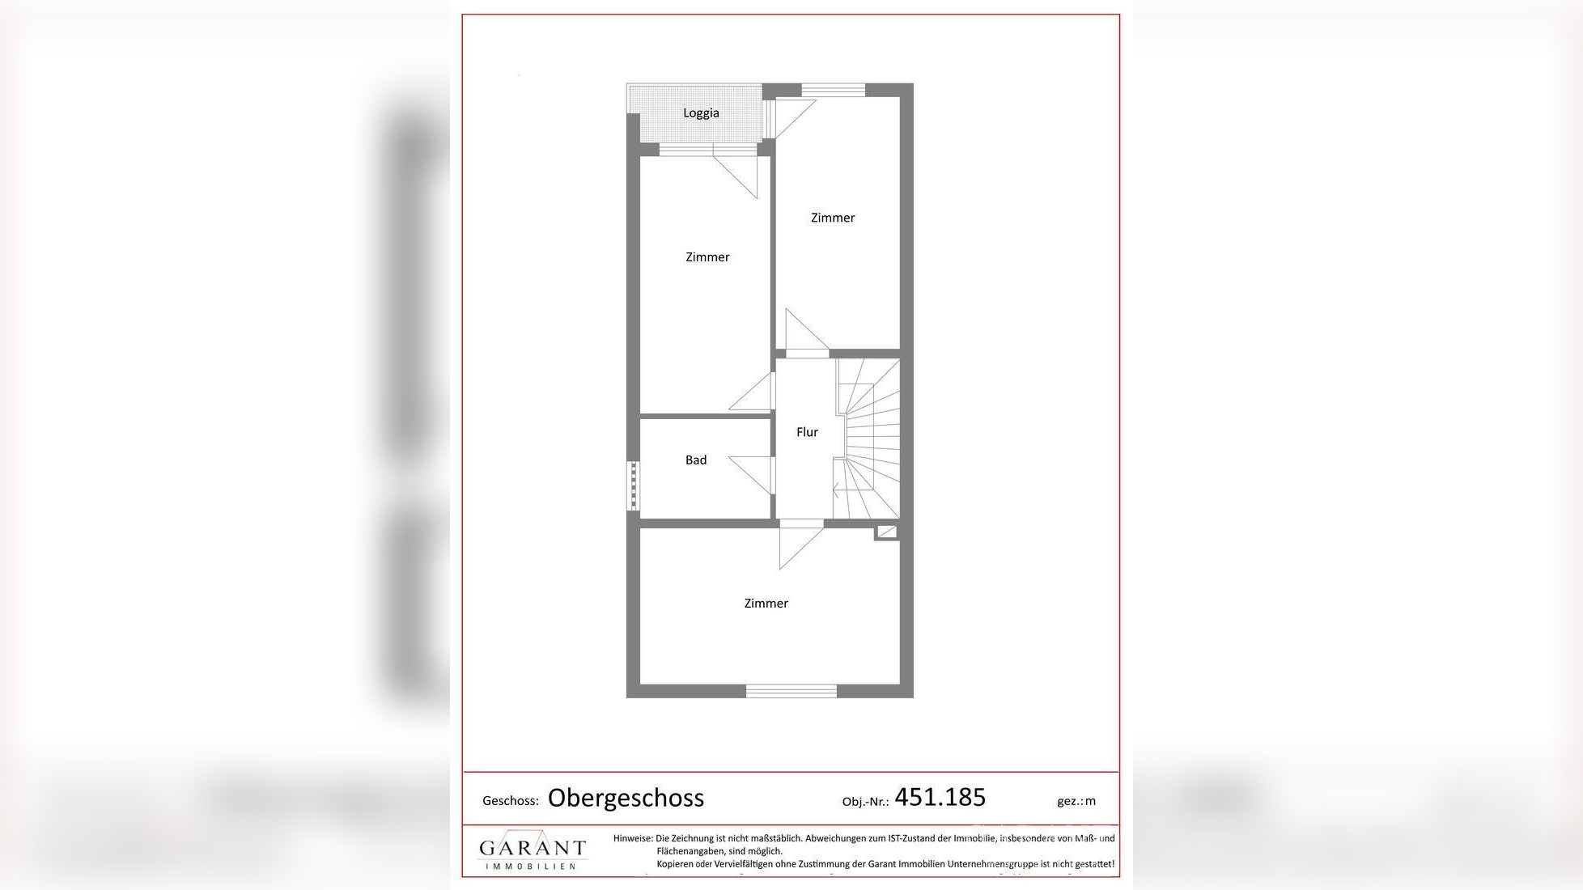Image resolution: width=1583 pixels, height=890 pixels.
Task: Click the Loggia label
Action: point(701,113)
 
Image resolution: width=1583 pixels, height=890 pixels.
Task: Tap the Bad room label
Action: point(696,460)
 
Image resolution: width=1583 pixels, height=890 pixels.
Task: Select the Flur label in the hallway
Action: point(807,432)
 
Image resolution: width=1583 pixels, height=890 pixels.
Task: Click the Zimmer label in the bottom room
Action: point(766,604)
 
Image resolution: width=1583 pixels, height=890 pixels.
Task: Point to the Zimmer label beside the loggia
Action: point(833,218)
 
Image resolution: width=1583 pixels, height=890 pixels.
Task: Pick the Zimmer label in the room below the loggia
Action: point(707,257)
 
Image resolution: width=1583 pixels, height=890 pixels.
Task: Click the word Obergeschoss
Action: point(626,798)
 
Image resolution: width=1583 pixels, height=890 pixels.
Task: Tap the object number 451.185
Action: point(940,798)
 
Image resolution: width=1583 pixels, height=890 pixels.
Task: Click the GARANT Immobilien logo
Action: point(532,850)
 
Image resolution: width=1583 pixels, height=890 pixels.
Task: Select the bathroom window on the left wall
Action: point(633,485)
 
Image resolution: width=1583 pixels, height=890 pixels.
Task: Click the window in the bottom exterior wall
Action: point(791,691)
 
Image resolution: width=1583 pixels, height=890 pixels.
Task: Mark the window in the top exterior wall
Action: point(833,89)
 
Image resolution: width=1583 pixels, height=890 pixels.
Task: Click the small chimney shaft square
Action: point(886,532)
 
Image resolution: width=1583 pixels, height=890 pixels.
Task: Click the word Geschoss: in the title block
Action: point(510,801)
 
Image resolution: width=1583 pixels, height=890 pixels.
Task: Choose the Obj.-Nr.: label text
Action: point(865,802)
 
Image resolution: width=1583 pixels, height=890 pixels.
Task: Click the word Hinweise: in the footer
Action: point(633,839)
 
